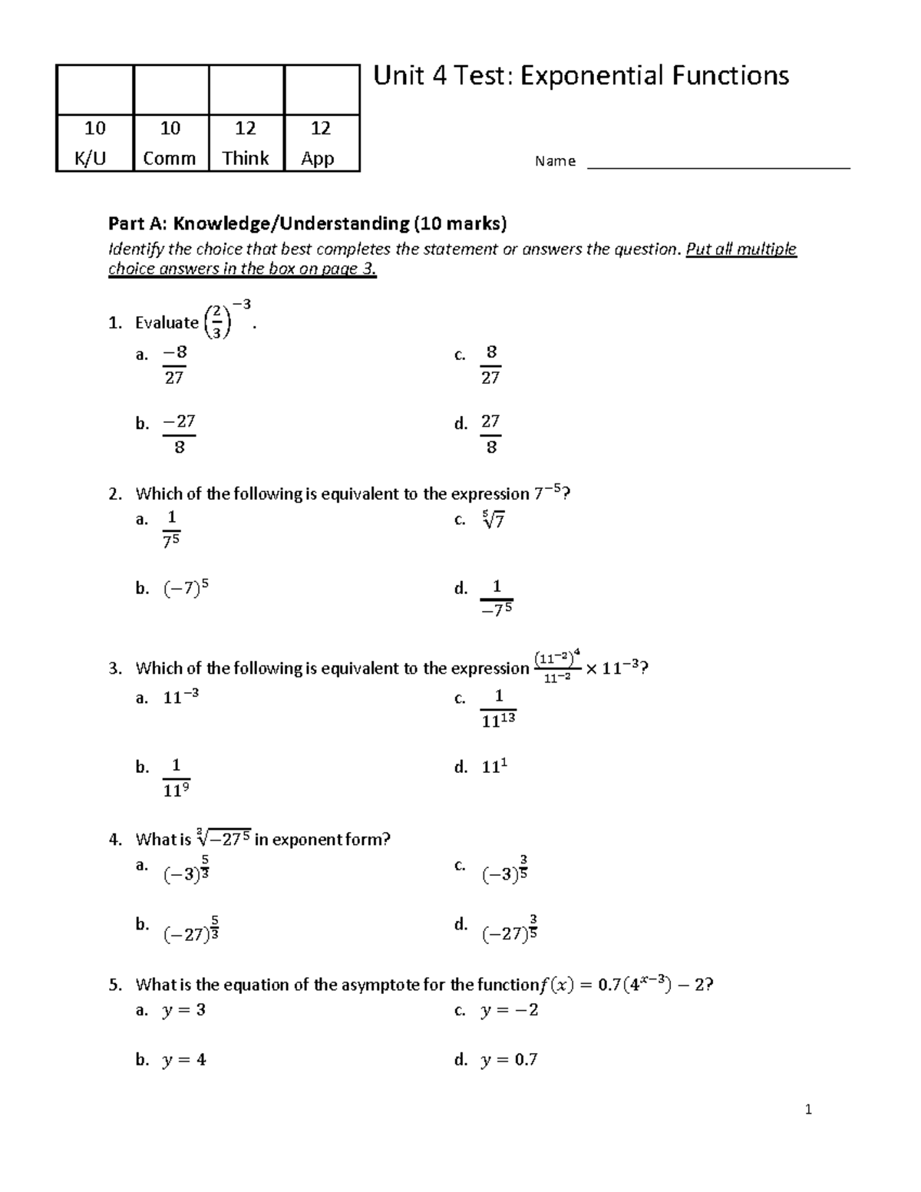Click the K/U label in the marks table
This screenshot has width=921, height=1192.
(x=91, y=158)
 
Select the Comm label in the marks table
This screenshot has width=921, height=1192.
(x=170, y=158)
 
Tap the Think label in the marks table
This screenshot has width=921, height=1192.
(x=246, y=158)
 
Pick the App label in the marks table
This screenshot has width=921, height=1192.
(x=318, y=158)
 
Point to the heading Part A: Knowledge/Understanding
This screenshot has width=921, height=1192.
(x=307, y=223)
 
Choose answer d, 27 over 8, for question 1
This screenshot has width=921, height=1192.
(x=490, y=434)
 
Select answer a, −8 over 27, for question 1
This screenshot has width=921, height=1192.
(x=174, y=365)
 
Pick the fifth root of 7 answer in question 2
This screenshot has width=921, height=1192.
(x=494, y=520)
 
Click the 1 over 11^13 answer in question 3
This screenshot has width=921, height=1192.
(x=498, y=708)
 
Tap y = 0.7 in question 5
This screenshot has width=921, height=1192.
(x=509, y=1060)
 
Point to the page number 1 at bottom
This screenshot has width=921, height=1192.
(x=808, y=1109)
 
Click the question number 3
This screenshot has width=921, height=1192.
(x=114, y=669)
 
